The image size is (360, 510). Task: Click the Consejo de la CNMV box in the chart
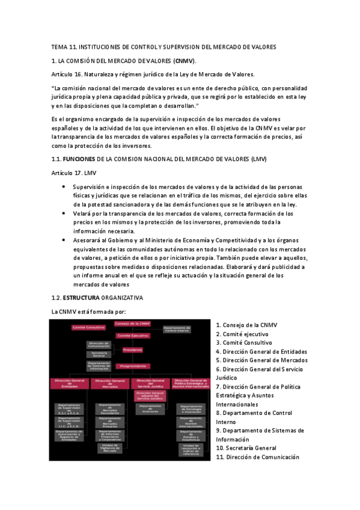click(132, 324)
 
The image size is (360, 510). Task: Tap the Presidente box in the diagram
click(132, 349)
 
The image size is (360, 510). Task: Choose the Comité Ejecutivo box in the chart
click(132, 336)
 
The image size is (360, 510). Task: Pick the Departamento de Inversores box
click(151, 408)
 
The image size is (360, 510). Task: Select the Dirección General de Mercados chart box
click(110, 383)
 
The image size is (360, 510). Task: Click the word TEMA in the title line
click(60, 47)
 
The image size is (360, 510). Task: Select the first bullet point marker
click(65, 187)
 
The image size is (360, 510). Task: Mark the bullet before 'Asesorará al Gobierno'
click(65, 239)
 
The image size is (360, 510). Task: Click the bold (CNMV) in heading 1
click(184, 61)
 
